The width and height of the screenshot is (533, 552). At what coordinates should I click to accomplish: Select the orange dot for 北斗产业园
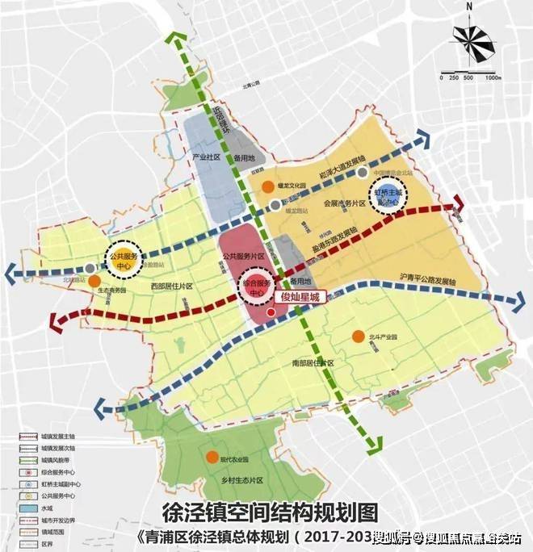[x=357, y=336]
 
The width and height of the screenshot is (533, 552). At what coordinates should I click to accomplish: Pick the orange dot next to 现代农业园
[x=212, y=458]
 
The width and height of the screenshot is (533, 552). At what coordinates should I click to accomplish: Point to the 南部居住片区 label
[x=311, y=365]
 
